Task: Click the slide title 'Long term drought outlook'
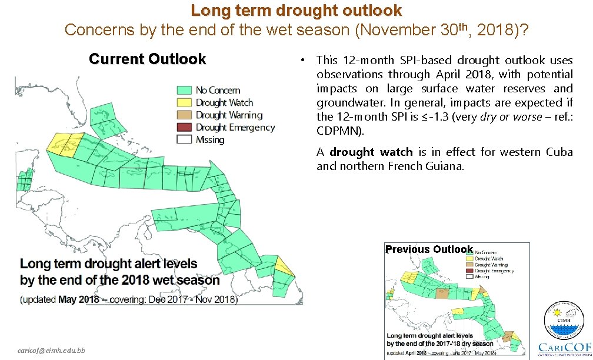(x=296, y=11)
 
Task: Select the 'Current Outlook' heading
(x=147, y=59)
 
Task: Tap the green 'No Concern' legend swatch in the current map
(x=185, y=90)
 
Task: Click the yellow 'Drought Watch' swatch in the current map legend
(x=185, y=103)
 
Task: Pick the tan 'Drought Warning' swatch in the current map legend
(x=185, y=115)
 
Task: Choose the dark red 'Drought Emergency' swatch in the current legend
(x=185, y=128)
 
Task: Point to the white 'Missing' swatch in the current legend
(x=185, y=140)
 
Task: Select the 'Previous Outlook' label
(x=429, y=249)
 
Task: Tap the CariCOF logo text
(x=564, y=346)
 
